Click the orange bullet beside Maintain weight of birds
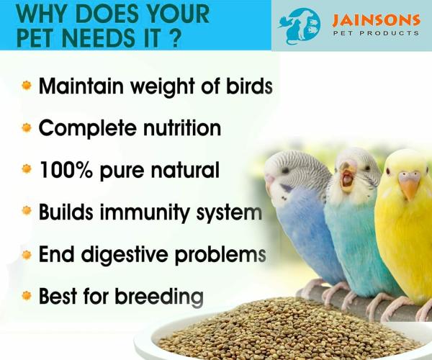27,86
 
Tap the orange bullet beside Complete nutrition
27,128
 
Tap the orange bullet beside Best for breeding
27,296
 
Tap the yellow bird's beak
410,186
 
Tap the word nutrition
176,128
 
